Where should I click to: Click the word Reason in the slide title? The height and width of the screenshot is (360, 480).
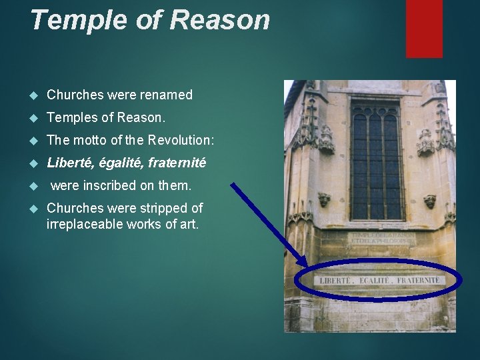pos(220,21)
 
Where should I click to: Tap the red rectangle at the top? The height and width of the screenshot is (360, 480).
pos(425,28)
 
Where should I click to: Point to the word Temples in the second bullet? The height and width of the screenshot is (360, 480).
pos(71,117)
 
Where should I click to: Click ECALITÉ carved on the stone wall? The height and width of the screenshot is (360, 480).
pos(375,281)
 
